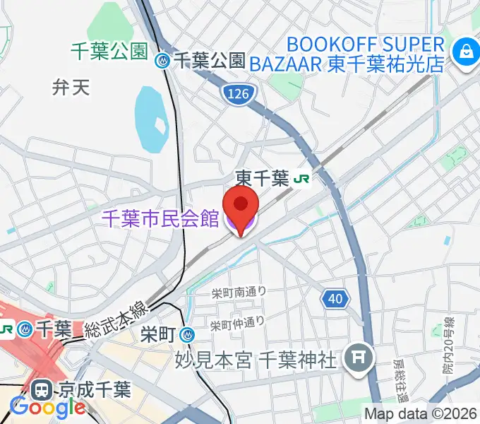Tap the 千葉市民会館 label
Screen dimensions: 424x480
point(162,220)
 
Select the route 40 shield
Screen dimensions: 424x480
point(335,299)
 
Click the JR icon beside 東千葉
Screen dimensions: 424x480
point(302,179)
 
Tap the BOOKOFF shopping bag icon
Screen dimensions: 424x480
point(466,50)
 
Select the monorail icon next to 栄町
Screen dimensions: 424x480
point(186,334)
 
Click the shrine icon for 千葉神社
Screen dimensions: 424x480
point(358,360)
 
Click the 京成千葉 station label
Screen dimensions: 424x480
point(95,389)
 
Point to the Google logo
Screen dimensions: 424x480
point(47,408)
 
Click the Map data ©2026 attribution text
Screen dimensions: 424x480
point(421,414)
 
